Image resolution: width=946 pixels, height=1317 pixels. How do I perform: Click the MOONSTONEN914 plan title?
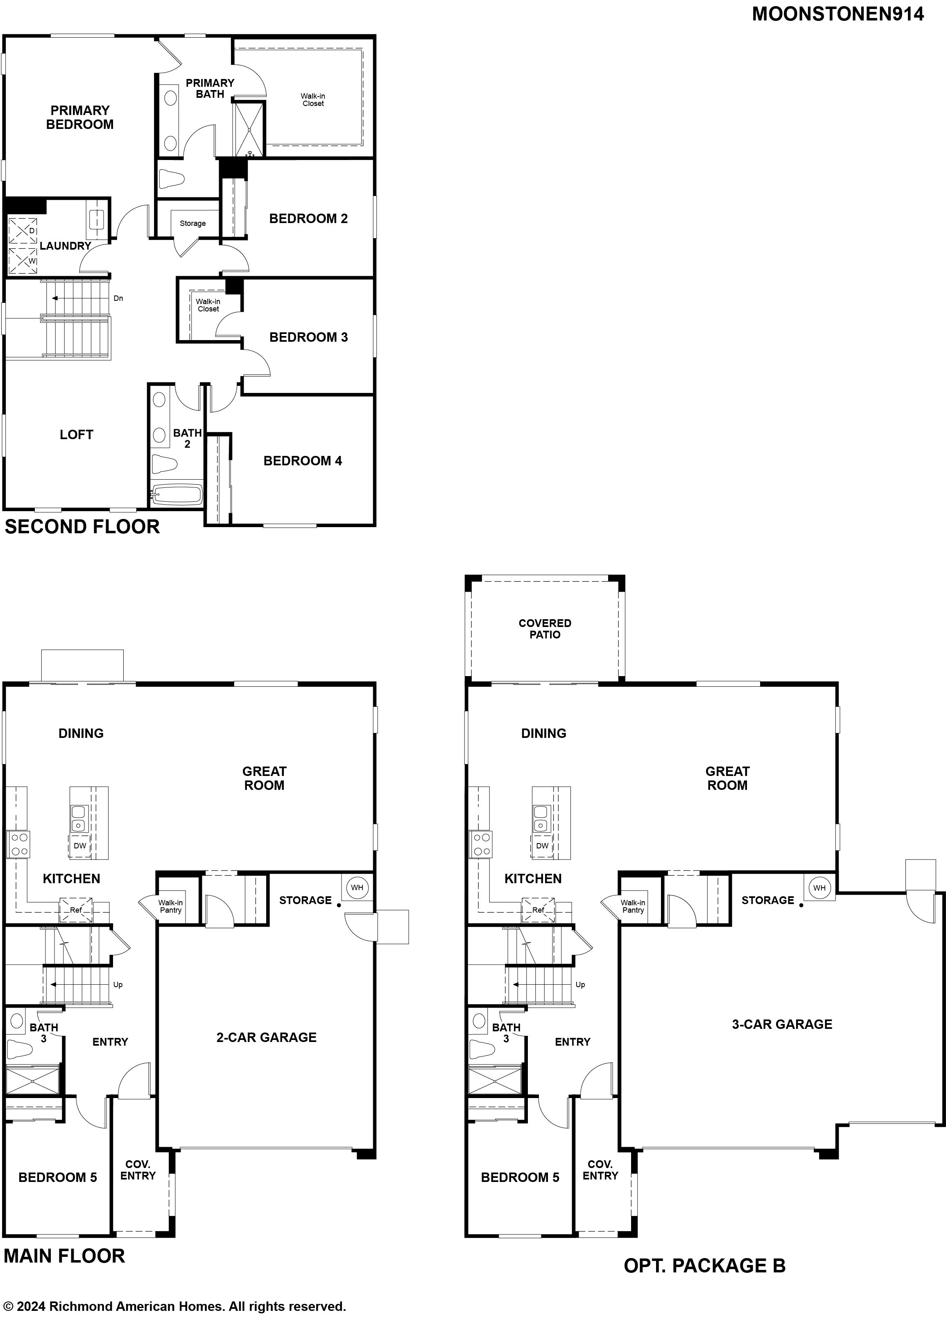click(x=838, y=14)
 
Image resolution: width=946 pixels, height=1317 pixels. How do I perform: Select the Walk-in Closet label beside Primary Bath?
click(x=313, y=100)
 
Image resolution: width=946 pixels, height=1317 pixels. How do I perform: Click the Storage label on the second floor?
click(x=193, y=223)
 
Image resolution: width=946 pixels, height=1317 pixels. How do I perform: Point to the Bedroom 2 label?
click(x=308, y=218)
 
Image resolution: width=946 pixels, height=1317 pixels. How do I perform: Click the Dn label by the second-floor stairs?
click(x=118, y=298)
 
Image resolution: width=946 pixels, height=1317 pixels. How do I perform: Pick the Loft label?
click(x=77, y=434)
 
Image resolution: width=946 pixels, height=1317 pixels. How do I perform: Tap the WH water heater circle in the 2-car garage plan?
click(x=357, y=887)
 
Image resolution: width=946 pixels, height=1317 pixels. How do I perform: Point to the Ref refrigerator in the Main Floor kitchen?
click(x=76, y=910)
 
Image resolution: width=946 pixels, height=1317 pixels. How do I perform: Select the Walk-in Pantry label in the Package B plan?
click(x=633, y=906)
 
